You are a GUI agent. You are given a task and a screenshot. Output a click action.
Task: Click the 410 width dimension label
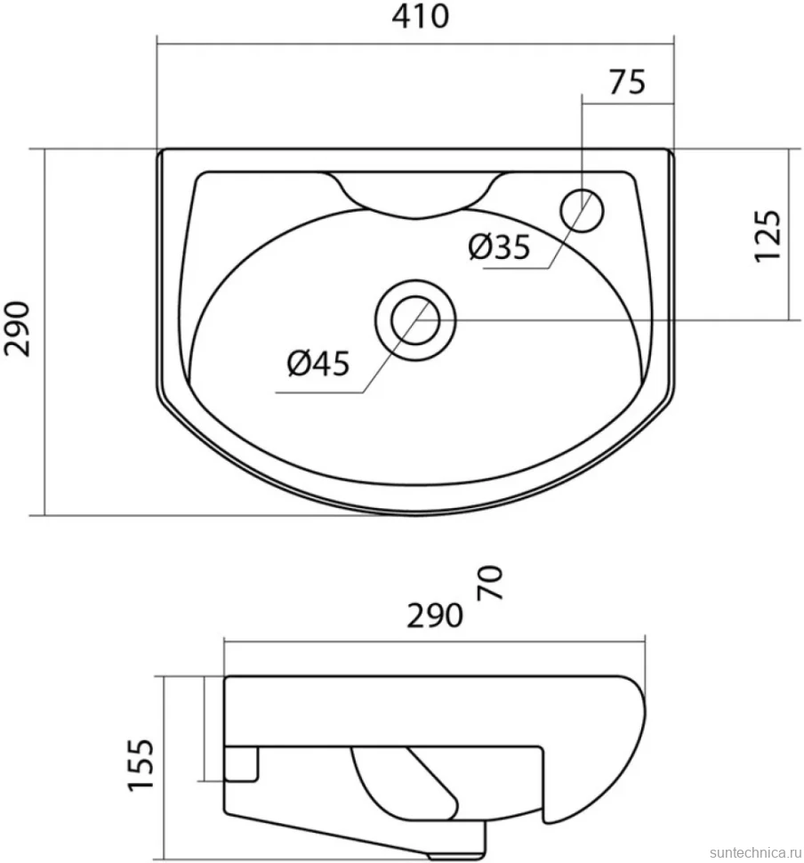421,17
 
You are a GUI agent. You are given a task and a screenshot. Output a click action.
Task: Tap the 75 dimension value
627,83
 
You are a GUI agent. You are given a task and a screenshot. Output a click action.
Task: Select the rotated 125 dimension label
768,236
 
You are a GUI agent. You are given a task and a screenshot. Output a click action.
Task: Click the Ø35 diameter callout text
499,246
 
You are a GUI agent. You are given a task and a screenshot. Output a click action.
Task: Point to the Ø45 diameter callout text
318,363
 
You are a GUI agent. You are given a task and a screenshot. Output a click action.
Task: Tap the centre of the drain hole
415,320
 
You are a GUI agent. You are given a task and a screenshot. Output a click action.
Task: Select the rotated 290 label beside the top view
18,329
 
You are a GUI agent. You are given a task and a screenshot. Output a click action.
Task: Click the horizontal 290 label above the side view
435,616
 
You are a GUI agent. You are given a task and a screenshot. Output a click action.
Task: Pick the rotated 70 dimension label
490,583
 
